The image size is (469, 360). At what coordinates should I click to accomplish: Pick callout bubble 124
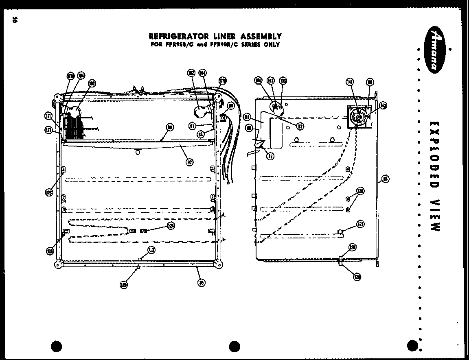point(171,226)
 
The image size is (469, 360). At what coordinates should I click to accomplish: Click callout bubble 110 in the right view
point(247,117)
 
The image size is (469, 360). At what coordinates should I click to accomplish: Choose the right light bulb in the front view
point(201,110)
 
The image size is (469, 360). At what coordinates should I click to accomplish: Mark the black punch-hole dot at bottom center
point(234,347)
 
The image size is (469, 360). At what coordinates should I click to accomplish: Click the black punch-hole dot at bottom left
point(57,347)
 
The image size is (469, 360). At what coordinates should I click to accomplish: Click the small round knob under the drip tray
point(138,152)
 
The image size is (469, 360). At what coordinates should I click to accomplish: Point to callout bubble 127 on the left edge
point(48,130)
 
